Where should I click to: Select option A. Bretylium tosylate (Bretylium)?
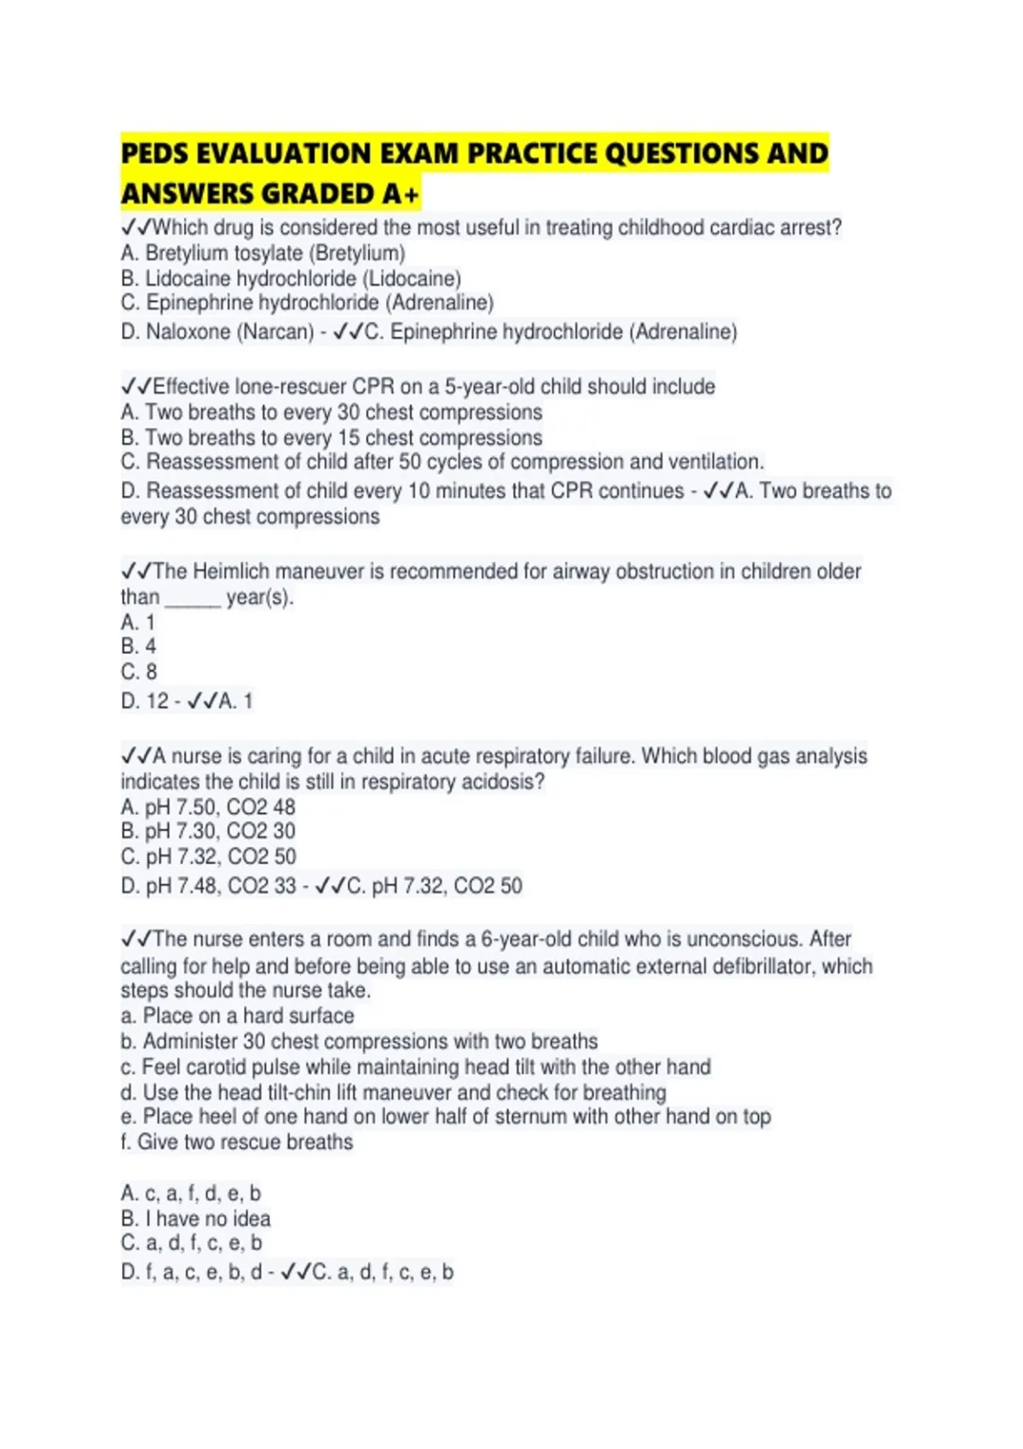click(x=263, y=253)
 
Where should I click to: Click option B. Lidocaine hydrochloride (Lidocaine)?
click(x=291, y=279)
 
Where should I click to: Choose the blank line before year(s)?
click(x=193, y=598)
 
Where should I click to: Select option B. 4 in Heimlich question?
click(x=138, y=647)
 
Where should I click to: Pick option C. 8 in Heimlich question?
click(x=139, y=672)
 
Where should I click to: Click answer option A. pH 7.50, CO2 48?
click(x=208, y=807)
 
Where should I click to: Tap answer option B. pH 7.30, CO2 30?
click(x=208, y=831)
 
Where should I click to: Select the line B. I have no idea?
click(x=195, y=1219)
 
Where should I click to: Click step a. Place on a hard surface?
click(x=237, y=1016)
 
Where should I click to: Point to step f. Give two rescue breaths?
click(x=236, y=1142)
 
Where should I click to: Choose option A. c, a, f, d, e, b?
click(x=191, y=1193)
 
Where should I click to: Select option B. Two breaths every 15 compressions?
click(x=331, y=438)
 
